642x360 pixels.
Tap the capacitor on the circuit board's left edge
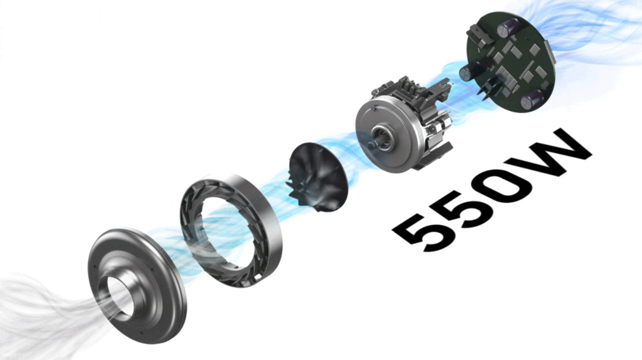point(470,71)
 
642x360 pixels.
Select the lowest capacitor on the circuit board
point(532,99)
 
